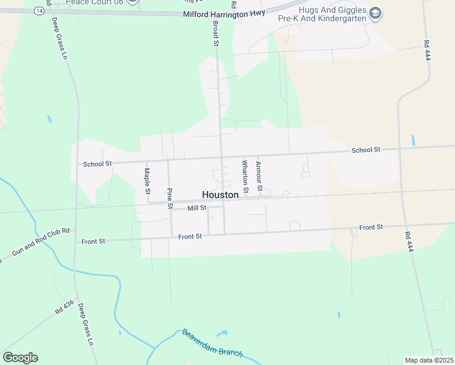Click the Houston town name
tap(220, 195)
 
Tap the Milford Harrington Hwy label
tap(225, 14)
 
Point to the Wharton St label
tap(245, 176)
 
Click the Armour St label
tap(259, 176)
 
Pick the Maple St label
tap(147, 181)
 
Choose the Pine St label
tap(170, 198)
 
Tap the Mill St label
tap(197, 208)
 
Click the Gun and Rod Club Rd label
tap(41, 242)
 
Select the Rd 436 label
tap(64, 306)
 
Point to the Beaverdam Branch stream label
tap(212, 343)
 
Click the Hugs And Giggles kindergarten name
tap(332, 14)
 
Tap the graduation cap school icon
tap(375, 13)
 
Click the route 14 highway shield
tap(40, 11)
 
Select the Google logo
tap(20, 358)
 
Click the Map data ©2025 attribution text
tap(428, 360)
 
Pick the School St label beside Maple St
tap(97, 164)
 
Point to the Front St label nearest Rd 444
tap(370, 227)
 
